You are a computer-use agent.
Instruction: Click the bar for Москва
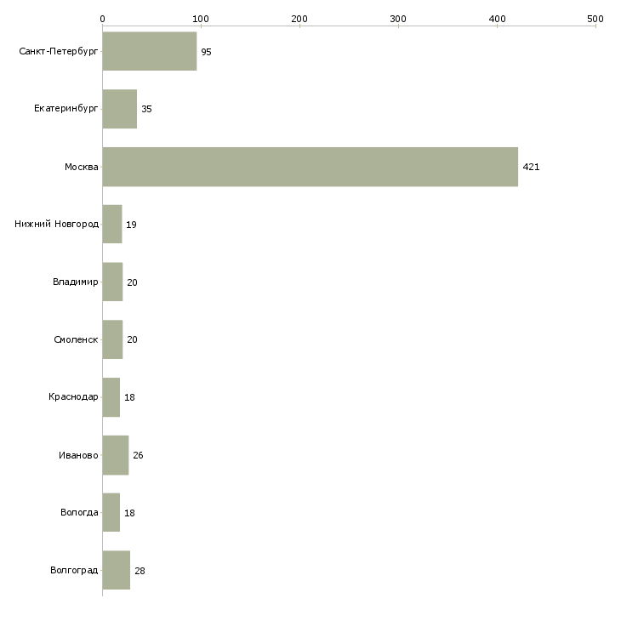[x=310, y=167]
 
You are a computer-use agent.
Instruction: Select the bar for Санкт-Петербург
[x=150, y=52]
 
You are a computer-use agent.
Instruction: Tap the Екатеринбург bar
[x=120, y=109]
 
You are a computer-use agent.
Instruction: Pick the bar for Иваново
[x=116, y=455]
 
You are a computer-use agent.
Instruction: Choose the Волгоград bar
[x=117, y=570]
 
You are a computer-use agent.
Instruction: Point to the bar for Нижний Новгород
[x=112, y=225]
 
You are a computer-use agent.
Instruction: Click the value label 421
[x=531, y=167]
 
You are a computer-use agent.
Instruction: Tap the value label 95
[x=206, y=52]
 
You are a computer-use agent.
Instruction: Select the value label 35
[x=146, y=109]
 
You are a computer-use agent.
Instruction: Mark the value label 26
[x=138, y=455]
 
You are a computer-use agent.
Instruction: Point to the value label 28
[x=140, y=570]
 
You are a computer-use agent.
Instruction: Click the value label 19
[x=131, y=225]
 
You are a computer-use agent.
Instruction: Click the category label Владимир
[x=75, y=282]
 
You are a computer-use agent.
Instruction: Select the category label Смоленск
[x=76, y=339]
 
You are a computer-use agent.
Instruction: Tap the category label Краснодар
[x=73, y=397]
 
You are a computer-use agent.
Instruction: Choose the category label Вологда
[x=79, y=513]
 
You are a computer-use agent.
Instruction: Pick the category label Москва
[x=82, y=167]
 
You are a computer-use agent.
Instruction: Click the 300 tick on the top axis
[x=398, y=18]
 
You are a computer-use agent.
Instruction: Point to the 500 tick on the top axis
[x=595, y=18]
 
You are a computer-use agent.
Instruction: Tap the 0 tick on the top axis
[x=102, y=18]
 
